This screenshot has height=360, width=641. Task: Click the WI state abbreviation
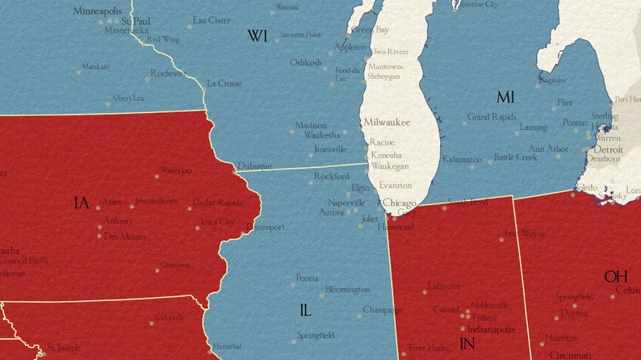pyautogui.click(x=258, y=36)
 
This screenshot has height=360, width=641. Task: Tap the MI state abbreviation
pyautogui.click(x=505, y=98)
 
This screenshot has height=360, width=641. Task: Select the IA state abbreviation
pyautogui.click(x=81, y=203)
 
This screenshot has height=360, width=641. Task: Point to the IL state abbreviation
pyautogui.click(x=305, y=310)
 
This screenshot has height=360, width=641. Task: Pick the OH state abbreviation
pyautogui.click(x=616, y=276)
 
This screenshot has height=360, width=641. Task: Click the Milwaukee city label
pyautogui.click(x=387, y=122)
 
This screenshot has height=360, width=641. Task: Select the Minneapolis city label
pyautogui.click(x=98, y=11)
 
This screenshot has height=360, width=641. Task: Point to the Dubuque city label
pyautogui.click(x=254, y=166)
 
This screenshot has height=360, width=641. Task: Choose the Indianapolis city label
pyautogui.click(x=488, y=329)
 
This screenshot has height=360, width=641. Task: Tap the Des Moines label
pyautogui.click(x=125, y=237)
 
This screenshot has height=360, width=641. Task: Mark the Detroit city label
pyautogui.click(x=608, y=150)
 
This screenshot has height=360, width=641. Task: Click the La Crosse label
pyautogui.click(x=224, y=83)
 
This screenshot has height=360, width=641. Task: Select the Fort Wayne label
pyautogui.click(x=524, y=234)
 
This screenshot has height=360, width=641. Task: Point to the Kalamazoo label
pyautogui.click(x=462, y=160)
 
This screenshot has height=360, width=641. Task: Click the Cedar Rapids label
pyautogui.click(x=217, y=203)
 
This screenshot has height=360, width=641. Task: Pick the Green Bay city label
pyautogui.click(x=370, y=30)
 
